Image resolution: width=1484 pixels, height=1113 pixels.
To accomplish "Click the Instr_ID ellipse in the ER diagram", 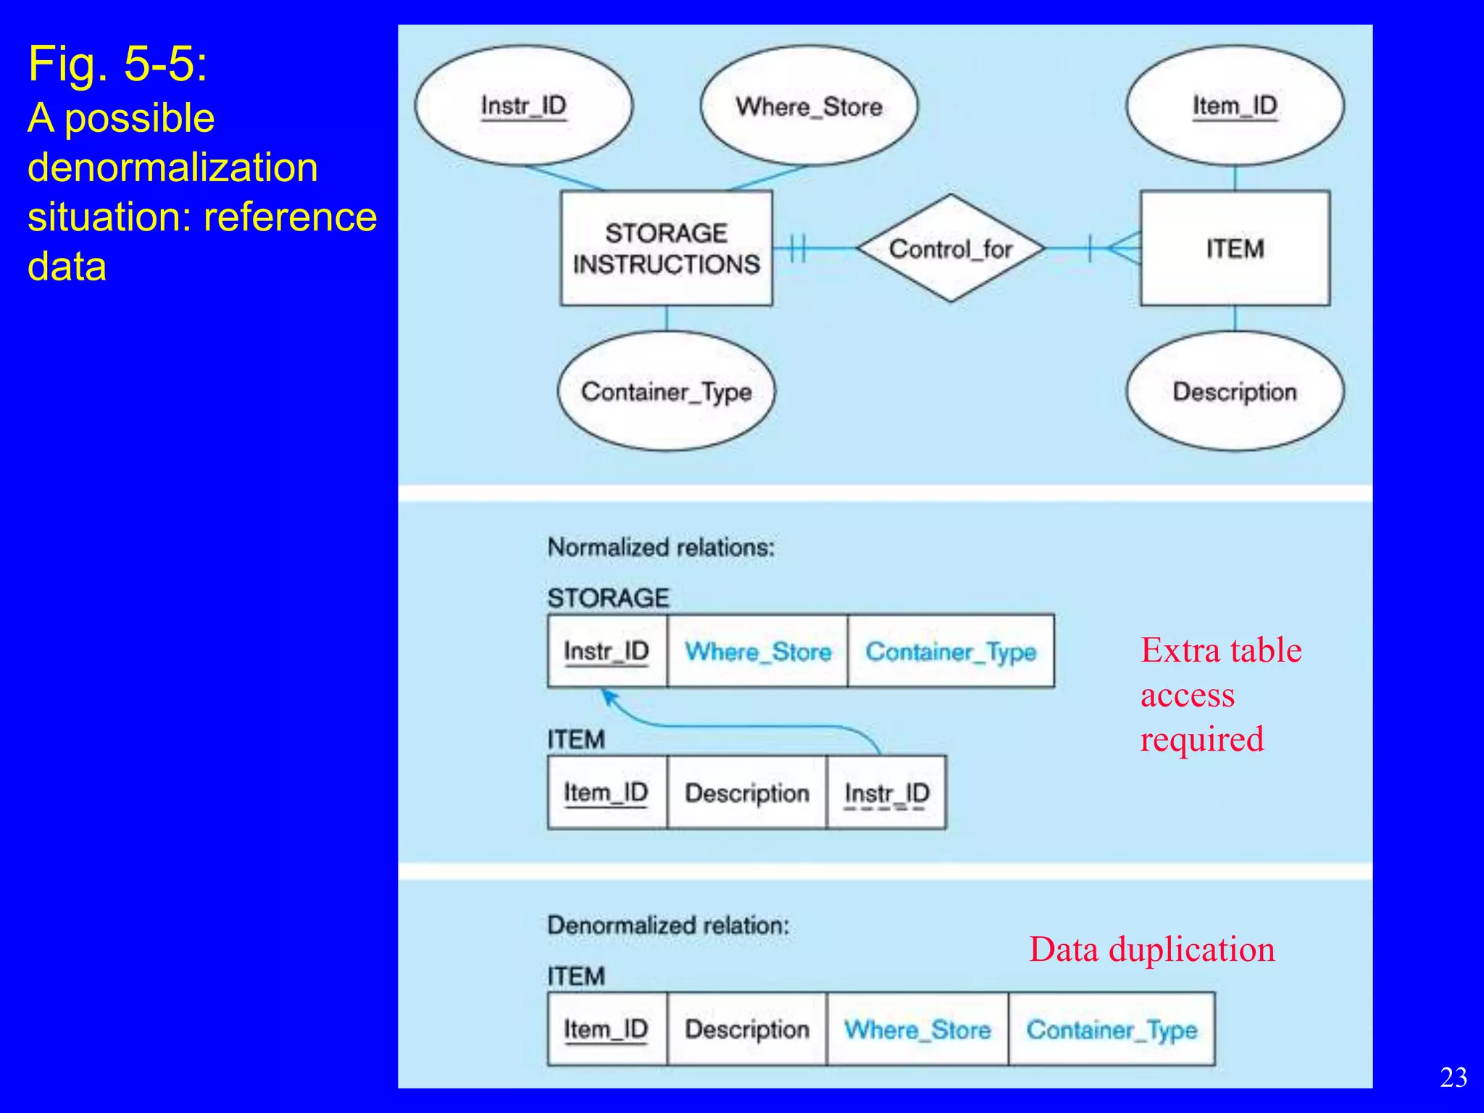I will [523, 106].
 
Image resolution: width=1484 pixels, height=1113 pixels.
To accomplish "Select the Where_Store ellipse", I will [809, 107].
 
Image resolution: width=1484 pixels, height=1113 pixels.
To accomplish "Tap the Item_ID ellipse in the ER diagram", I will [1235, 106].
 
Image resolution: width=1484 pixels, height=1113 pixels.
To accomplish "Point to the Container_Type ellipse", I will [666, 392].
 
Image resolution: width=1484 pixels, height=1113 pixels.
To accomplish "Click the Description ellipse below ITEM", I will [1235, 392].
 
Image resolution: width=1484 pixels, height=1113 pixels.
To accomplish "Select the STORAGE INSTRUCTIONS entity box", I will [666, 249].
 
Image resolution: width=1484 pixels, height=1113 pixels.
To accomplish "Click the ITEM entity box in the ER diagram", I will [1235, 249].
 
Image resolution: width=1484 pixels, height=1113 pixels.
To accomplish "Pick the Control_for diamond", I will [951, 249].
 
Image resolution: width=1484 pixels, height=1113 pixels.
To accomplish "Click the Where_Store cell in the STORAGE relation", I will [757, 651].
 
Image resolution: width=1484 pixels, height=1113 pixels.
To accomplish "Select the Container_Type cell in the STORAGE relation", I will [951, 651].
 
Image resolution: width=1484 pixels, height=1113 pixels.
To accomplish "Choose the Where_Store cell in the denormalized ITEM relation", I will [917, 1030].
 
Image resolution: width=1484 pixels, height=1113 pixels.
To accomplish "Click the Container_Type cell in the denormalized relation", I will [1112, 1030].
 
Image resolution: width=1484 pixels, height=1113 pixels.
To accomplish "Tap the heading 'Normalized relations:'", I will [661, 547].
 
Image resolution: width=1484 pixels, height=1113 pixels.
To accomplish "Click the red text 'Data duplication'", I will [1151, 949].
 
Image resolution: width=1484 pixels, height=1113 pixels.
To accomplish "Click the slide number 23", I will [1453, 1077].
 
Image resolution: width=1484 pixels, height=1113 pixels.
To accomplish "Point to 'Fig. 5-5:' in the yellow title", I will [118, 64].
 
